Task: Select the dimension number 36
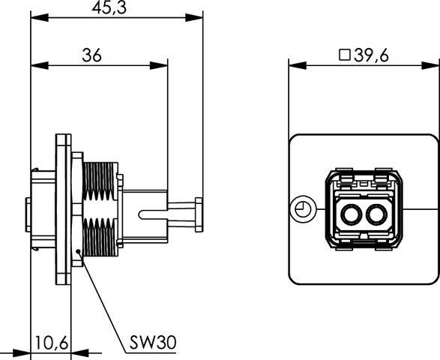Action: (92, 55)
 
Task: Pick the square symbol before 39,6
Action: (345, 55)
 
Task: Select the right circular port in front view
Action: (376, 217)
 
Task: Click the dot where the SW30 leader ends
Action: (77, 262)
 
